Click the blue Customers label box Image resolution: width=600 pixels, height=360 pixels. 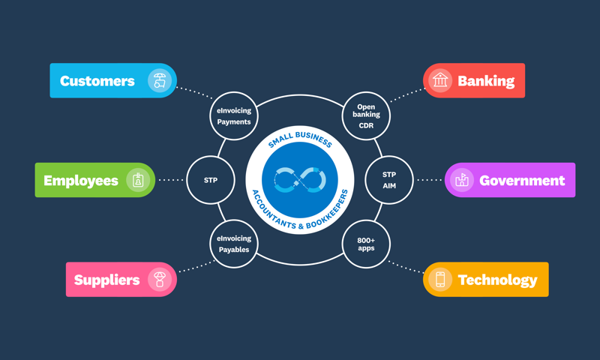(97, 81)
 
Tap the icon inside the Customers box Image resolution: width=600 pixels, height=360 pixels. (158, 81)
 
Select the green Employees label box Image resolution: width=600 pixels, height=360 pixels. (81, 181)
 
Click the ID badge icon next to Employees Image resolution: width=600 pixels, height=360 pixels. (137, 181)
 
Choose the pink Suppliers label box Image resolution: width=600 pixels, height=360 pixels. (107, 280)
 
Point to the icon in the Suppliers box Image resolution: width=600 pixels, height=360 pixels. (159, 280)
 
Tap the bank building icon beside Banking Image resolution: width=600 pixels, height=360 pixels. (440, 81)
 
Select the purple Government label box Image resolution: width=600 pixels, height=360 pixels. (522, 181)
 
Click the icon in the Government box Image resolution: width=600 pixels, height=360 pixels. (463, 181)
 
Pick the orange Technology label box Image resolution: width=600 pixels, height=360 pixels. (497, 280)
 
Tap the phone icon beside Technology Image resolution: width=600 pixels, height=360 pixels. (440, 280)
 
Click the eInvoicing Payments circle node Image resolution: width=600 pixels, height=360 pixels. (234, 116)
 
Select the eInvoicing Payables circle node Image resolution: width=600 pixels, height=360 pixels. (234, 244)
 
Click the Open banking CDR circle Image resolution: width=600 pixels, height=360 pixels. (367, 116)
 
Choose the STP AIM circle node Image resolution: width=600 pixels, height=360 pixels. (389, 181)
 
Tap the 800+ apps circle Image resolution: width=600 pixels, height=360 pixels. (367, 244)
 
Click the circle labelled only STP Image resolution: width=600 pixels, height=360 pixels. (211, 181)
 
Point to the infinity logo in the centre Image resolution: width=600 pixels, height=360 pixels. (300, 181)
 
